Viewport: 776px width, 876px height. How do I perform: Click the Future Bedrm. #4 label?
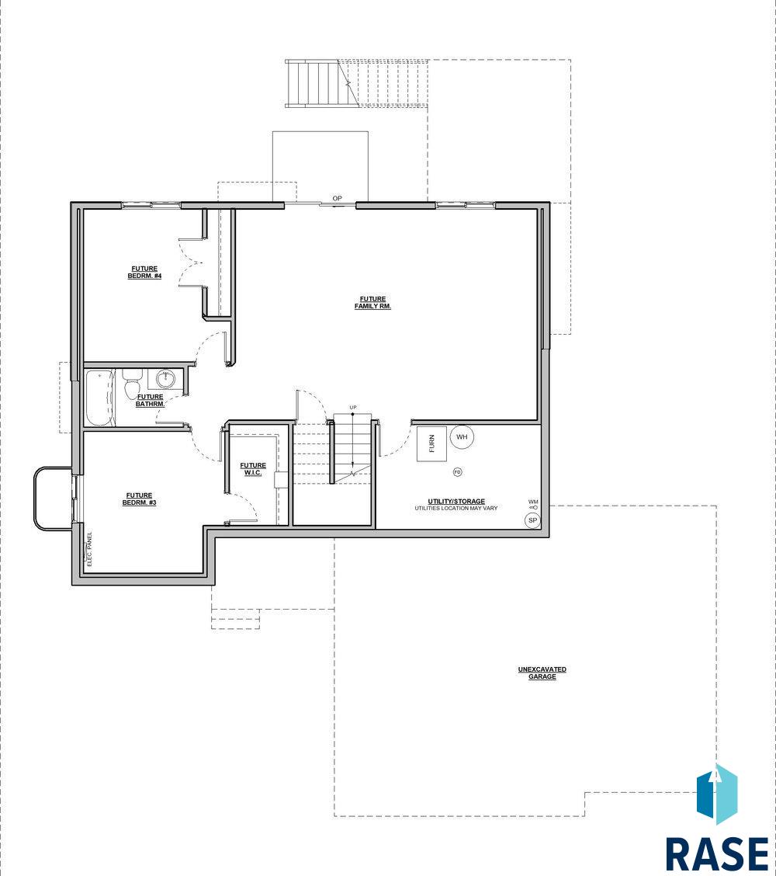(x=144, y=273)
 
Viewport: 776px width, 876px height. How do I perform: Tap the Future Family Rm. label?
(x=373, y=303)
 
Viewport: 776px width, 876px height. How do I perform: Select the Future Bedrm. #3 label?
(x=139, y=499)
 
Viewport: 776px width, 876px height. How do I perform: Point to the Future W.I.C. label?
(x=253, y=469)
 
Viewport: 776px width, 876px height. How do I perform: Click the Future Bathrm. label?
(x=151, y=401)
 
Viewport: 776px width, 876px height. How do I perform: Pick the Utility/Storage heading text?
(x=456, y=501)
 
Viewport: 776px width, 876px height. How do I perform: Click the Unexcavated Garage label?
(x=542, y=673)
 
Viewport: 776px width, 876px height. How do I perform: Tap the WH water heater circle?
(x=462, y=437)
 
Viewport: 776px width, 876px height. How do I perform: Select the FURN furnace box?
(x=431, y=443)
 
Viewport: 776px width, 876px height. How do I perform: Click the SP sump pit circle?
(x=532, y=520)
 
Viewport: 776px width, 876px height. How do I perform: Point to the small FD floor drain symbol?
(x=458, y=472)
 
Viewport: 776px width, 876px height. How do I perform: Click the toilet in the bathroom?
(x=133, y=384)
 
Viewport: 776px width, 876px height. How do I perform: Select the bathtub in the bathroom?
(x=100, y=398)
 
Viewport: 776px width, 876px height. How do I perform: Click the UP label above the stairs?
(x=353, y=407)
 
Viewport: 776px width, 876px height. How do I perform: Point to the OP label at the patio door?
(x=338, y=198)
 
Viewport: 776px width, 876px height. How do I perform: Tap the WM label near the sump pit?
(x=533, y=502)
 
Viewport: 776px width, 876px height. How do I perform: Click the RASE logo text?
(x=717, y=853)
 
